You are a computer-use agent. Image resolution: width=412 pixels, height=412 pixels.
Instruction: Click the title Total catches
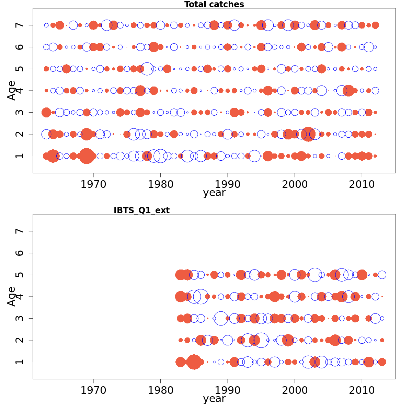[x=214, y=4]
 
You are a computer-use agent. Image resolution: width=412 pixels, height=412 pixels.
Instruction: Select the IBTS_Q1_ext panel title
[x=141, y=210]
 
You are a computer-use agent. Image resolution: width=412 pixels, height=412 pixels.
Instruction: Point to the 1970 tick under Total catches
[x=93, y=184]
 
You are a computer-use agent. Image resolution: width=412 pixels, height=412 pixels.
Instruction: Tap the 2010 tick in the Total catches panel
[x=362, y=184]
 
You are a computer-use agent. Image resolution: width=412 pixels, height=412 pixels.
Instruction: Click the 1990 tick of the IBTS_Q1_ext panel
[x=227, y=390]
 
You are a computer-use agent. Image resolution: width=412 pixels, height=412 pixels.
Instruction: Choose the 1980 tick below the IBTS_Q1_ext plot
[x=160, y=390]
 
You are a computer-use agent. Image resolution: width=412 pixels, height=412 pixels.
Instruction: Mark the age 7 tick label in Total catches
[x=20, y=25]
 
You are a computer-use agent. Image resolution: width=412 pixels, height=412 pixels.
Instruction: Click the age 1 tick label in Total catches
[x=20, y=156]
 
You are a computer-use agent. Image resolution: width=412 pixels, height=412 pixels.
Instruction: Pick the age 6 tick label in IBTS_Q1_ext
[x=20, y=253]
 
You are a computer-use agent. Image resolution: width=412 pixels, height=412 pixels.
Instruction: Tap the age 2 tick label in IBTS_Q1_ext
[x=20, y=340]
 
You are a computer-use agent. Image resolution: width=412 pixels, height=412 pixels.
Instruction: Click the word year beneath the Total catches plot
[x=214, y=193]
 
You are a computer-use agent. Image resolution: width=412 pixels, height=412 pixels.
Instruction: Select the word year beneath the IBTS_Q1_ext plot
[x=214, y=399]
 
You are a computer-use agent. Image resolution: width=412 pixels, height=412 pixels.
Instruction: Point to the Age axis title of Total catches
[x=12, y=90]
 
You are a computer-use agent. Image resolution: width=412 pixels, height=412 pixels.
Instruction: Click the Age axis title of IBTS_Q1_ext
[x=12, y=296]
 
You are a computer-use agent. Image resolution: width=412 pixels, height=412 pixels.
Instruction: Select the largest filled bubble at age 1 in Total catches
[x=87, y=156]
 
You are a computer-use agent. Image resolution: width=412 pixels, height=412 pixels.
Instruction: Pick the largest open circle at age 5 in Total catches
[x=147, y=69]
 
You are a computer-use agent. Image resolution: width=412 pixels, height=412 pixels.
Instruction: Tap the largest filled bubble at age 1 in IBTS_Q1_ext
[x=194, y=362]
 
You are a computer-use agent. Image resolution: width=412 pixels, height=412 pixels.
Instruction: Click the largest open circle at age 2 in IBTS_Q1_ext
[x=261, y=340]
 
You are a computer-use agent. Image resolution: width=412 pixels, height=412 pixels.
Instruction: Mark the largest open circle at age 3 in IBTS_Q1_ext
[x=221, y=318]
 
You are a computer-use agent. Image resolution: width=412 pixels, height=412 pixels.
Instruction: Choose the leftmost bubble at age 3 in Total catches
[x=46, y=112]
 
